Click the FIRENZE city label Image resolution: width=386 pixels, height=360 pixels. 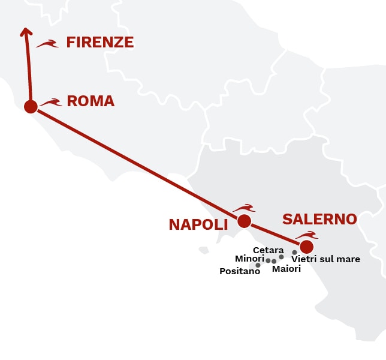tap(99, 42)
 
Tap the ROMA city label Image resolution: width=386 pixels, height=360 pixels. tap(91, 101)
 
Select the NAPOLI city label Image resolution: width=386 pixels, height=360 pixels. tap(198, 224)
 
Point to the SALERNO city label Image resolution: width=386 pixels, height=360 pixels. tap(319, 219)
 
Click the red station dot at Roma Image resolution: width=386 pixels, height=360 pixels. tap(31, 107)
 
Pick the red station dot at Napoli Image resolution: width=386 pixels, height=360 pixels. tap(244, 221)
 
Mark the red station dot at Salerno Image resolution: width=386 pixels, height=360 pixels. tap(306, 247)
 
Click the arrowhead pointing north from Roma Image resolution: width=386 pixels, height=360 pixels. tap(25, 32)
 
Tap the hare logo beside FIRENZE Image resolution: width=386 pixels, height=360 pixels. tap(47, 43)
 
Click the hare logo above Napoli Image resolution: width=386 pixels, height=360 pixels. tap(244, 208)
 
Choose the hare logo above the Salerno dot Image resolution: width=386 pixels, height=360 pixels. tap(306, 235)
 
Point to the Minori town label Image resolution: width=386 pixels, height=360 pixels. tap(249, 259)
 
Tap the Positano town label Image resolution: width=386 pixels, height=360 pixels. tap(240, 271)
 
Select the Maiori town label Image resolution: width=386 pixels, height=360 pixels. tap(287, 269)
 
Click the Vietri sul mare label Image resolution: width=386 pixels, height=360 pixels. tap(325, 259)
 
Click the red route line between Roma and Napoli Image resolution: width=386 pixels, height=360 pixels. tap(138, 164)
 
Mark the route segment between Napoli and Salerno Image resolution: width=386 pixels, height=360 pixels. tap(276, 235)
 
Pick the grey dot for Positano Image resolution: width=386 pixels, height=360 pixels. tap(258, 265)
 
